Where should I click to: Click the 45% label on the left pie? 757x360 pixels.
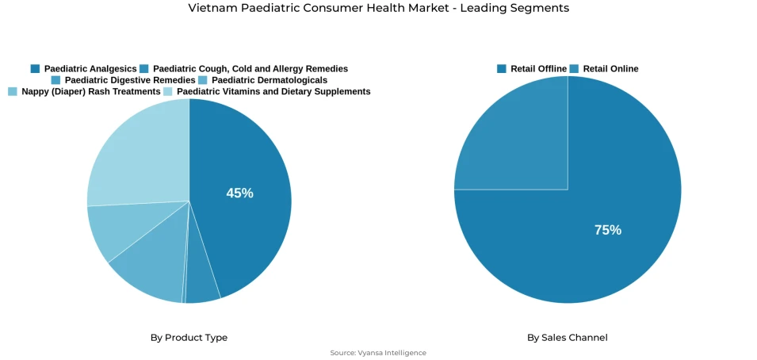(x=239, y=193)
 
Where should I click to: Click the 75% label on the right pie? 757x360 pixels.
(x=608, y=230)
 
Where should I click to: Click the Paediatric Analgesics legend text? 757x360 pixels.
(x=90, y=69)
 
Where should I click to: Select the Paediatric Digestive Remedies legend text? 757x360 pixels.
(x=130, y=80)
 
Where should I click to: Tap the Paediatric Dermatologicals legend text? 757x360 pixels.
(x=270, y=80)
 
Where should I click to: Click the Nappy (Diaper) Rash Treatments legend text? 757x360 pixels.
(x=91, y=92)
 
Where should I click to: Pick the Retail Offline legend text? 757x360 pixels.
(x=538, y=69)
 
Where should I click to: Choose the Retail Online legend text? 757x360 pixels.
(x=610, y=69)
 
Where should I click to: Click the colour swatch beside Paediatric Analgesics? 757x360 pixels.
(x=36, y=69)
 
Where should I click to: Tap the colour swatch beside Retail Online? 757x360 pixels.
(x=575, y=69)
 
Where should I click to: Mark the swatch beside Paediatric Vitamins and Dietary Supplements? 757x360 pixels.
(x=168, y=92)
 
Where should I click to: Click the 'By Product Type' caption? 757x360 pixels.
(x=189, y=338)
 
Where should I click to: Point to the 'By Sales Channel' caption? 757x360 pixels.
(x=568, y=338)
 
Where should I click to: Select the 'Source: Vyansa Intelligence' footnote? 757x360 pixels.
(x=378, y=353)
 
